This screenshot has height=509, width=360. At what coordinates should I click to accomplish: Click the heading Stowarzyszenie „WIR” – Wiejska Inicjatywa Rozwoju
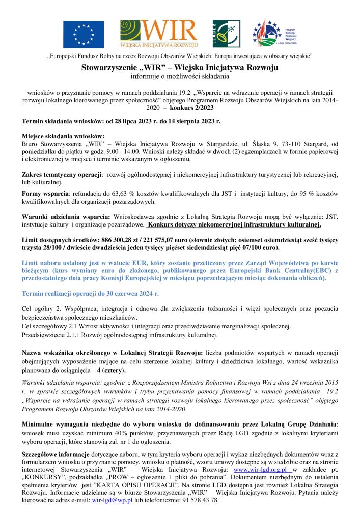click(180, 68)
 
